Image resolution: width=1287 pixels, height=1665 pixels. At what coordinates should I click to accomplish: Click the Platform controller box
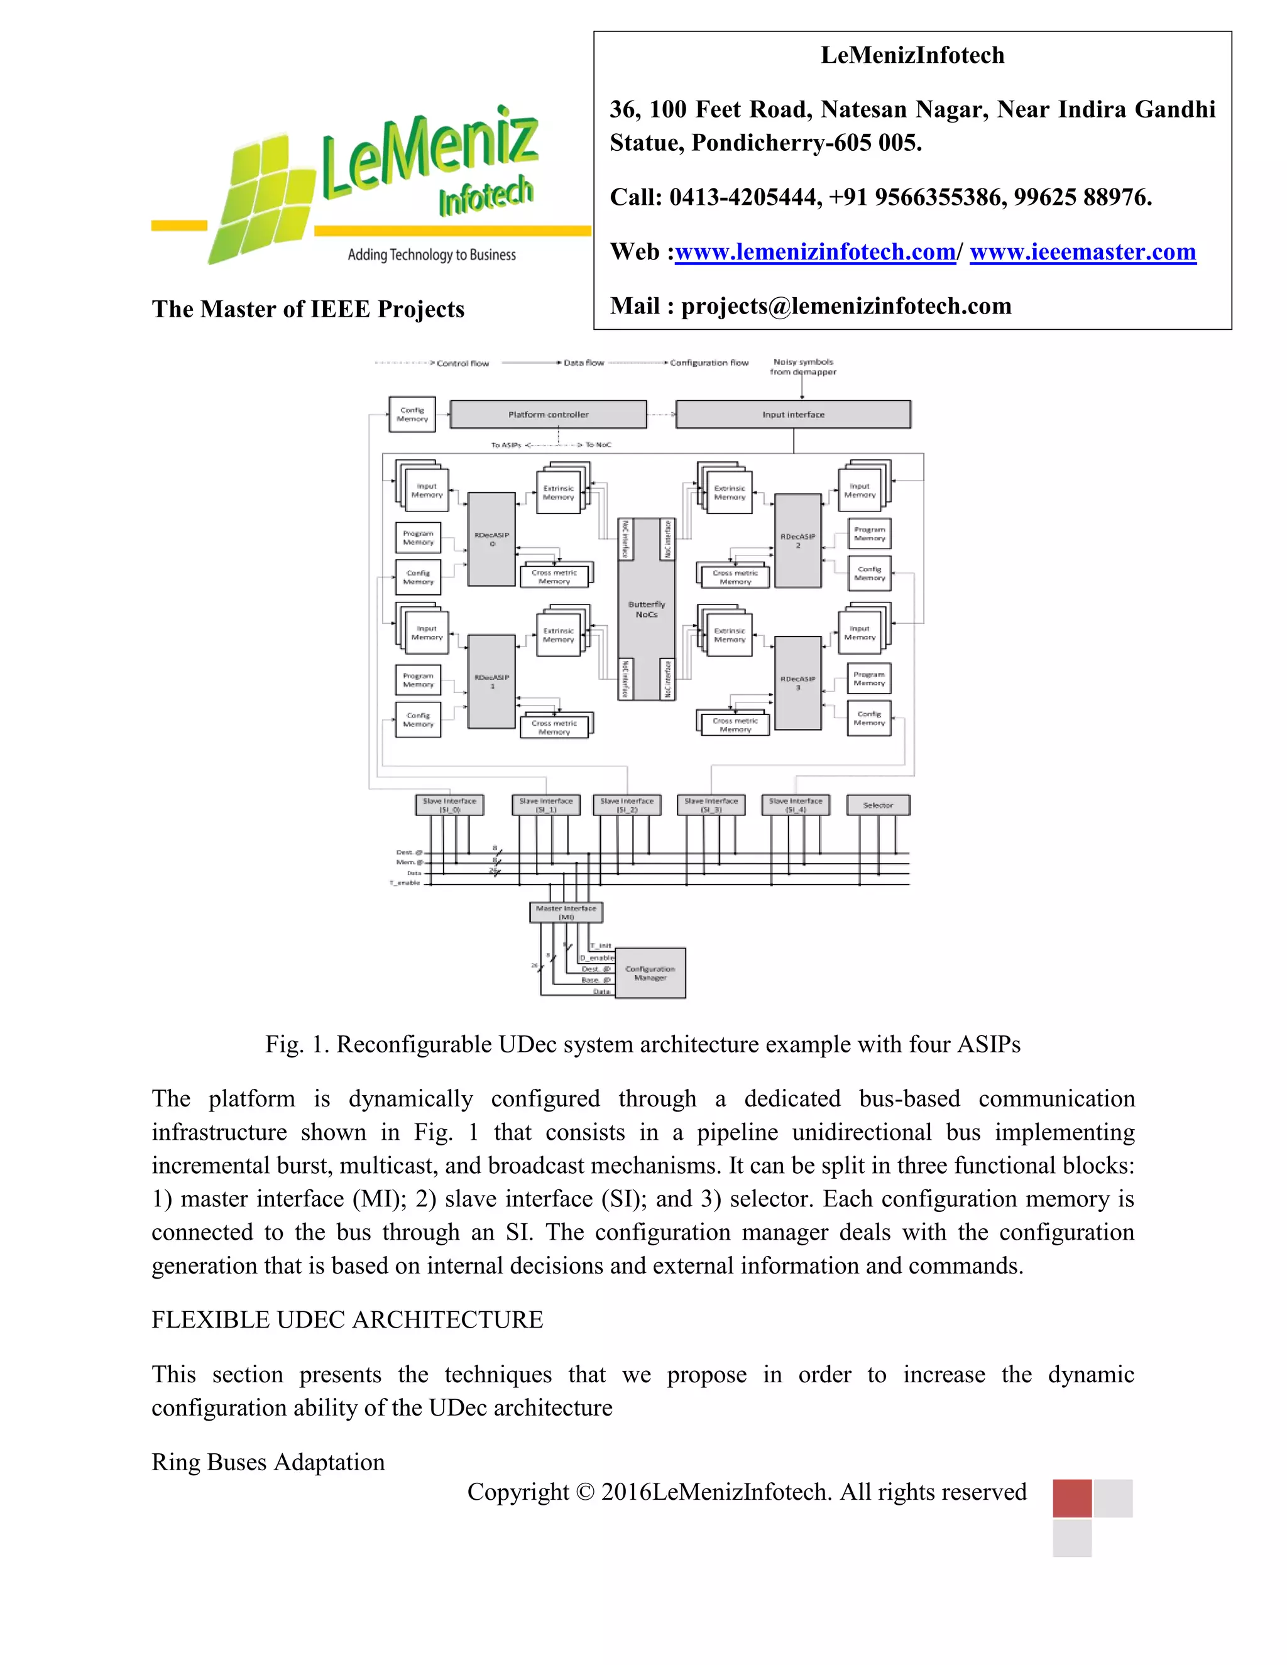[x=548, y=415]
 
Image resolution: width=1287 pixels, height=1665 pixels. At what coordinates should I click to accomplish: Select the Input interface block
[x=793, y=415]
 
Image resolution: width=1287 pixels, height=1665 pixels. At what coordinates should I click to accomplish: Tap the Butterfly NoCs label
[x=647, y=609]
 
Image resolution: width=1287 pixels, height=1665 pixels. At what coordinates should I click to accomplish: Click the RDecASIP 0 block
[x=492, y=539]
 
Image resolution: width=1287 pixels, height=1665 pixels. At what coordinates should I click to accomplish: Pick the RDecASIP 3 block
[x=797, y=682]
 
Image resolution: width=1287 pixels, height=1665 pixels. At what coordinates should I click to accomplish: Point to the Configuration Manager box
[x=650, y=973]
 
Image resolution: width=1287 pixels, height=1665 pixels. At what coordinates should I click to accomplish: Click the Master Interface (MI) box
[x=566, y=912]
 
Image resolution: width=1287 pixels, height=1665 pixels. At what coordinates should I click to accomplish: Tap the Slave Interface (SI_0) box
[x=449, y=805]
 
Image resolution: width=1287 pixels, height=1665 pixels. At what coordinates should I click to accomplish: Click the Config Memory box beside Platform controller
[x=412, y=415]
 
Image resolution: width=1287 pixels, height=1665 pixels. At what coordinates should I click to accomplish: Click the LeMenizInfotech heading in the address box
[x=912, y=55]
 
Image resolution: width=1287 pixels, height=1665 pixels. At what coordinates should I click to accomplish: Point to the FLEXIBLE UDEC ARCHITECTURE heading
[x=347, y=1319]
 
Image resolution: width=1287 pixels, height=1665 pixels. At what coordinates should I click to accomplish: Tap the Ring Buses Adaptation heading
[x=268, y=1462]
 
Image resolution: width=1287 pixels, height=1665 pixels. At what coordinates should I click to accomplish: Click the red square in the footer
[x=1071, y=1498]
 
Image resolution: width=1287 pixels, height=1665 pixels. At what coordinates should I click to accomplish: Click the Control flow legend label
[x=463, y=363]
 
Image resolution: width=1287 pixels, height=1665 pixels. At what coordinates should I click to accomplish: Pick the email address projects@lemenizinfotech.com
[x=846, y=306]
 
